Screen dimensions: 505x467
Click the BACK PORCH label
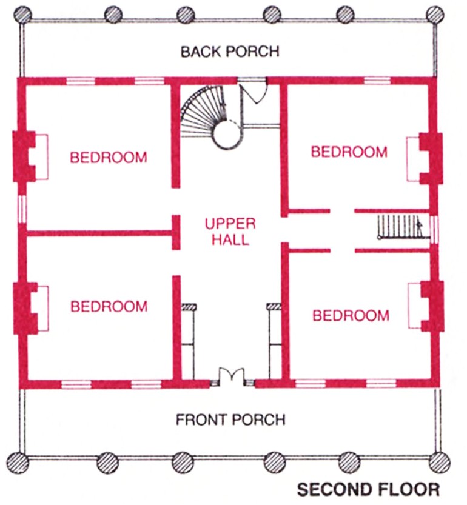point(230,51)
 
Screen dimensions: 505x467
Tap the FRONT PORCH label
point(230,420)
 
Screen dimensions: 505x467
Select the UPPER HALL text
point(230,231)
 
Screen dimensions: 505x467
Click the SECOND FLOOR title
point(368,489)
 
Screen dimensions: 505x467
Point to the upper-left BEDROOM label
point(108,158)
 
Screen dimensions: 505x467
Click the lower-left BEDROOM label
point(109,306)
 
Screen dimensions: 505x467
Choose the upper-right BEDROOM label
point(349,152)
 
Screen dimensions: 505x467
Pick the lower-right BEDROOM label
point(351,315)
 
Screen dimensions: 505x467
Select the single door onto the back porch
point(254,90)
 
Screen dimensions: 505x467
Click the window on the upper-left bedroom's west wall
point(23,208)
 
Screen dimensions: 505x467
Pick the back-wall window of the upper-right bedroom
point(376,80)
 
